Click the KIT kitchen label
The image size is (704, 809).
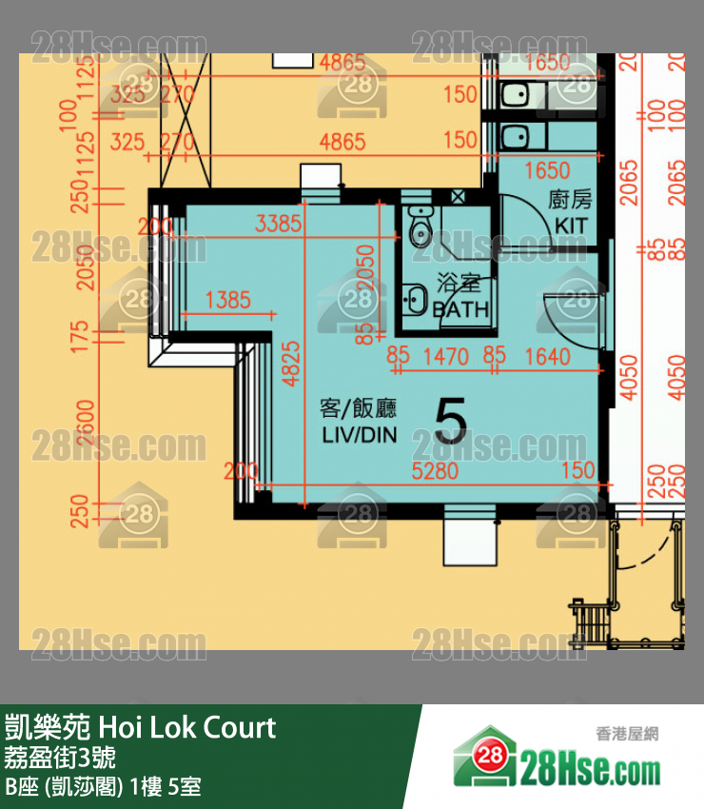click(571, 226)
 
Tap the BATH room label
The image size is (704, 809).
click(460, 309)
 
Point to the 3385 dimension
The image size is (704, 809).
click(279, 225)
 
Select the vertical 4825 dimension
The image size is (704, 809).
click(291, 362)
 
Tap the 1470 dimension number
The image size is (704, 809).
click(445, 357)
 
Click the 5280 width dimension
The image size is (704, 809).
click(434, 471)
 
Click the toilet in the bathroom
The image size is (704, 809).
click(418, 228)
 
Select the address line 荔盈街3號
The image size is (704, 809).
click(61, 759)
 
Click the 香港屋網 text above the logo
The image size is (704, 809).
click(627, 734)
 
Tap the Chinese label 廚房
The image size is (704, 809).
click(571, 200)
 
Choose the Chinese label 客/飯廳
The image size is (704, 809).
click(358, 409)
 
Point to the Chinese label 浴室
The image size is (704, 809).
click(459, 284)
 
